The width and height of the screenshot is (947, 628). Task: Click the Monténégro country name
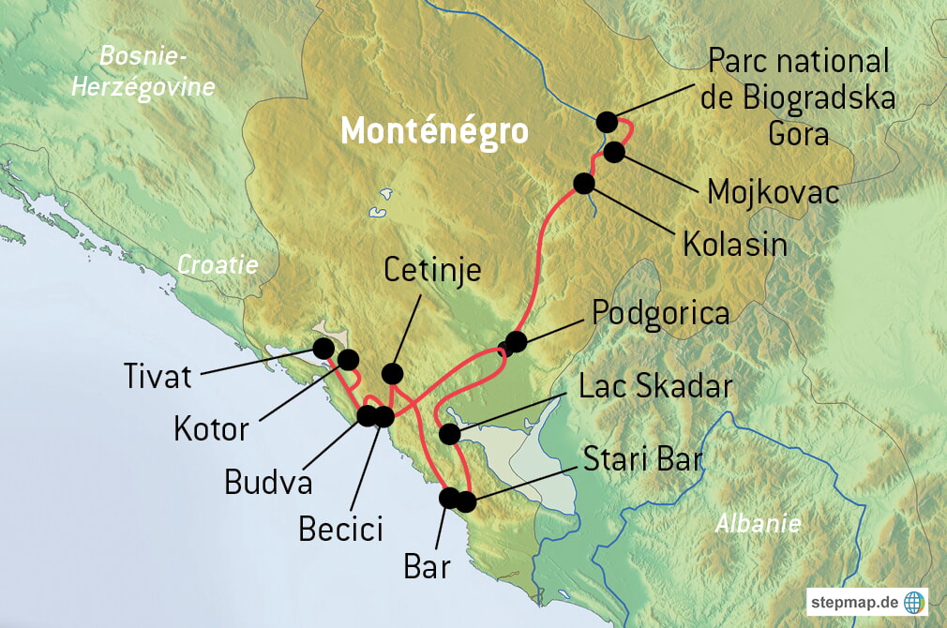tap(433, 131)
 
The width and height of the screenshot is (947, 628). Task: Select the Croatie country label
tap(218, 265)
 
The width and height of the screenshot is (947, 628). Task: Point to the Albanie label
tap(757, 524)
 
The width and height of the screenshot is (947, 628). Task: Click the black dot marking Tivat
tap(323, 348)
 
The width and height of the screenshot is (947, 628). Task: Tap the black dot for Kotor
tap(348, 359)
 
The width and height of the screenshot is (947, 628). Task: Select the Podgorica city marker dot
tap(515, 341)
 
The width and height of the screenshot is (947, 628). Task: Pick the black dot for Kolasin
tap(584, 183)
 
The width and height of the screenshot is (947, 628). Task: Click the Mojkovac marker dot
tap(614, 152)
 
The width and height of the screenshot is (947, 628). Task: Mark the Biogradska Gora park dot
tap(607, 122)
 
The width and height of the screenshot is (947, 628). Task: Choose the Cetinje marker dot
tap(393, 372)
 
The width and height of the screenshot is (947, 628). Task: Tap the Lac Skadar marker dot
tap(449, 434)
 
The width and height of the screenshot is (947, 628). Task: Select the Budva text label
tap(267, 482)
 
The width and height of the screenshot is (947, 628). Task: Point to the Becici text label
tap(340, 529)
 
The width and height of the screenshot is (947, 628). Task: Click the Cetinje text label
tap(432, 270)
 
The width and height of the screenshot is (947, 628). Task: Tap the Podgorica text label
tap(660, 313)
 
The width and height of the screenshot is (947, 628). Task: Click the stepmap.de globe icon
tap(914, 601)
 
